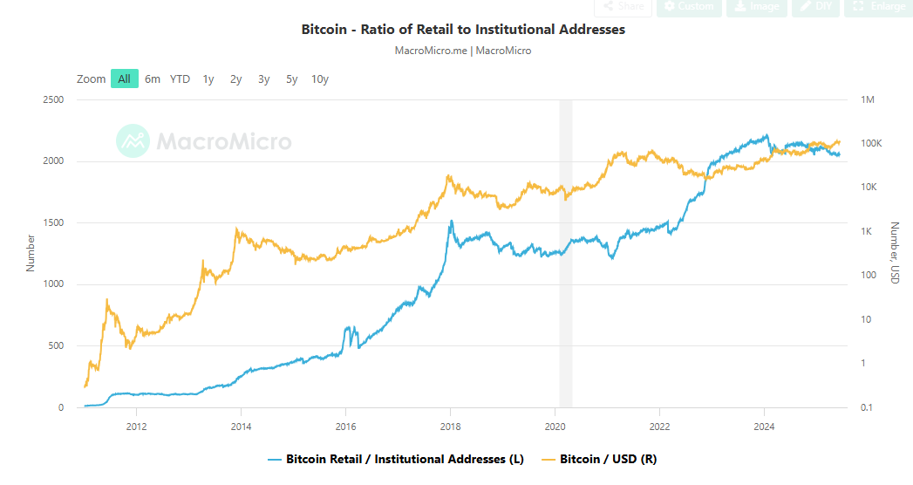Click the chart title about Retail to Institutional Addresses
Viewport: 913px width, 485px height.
click(x=463, y=30)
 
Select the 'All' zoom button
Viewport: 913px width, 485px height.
click(x=125, y=79)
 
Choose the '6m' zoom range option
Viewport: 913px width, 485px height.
click(x=153, y=79)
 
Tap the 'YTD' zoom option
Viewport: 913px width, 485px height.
click(x=180, y=79)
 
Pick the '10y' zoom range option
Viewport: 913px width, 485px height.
click(x=320, y=79)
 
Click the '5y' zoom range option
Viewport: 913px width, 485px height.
click(x=291, y=79)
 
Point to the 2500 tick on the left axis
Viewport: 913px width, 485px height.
click(x=53, y=100)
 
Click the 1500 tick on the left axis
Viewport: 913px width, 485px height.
click(x=53, y=223)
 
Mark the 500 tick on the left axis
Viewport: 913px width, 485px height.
click(x=56, y=346)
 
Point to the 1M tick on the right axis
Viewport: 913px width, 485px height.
click(x=868, y=100)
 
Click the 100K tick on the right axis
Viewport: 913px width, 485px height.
click(x=871, y=144)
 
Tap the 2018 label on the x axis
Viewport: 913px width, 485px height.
click(x=450, y=427)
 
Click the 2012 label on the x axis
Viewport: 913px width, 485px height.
click(x=136, y=427)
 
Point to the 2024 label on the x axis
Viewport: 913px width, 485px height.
click(x=764, y=427)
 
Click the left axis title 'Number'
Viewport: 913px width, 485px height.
click(x=31, y=252)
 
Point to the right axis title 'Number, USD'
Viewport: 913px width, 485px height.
click(x=894, y=252)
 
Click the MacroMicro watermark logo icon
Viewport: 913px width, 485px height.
click(x=133, y=141)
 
